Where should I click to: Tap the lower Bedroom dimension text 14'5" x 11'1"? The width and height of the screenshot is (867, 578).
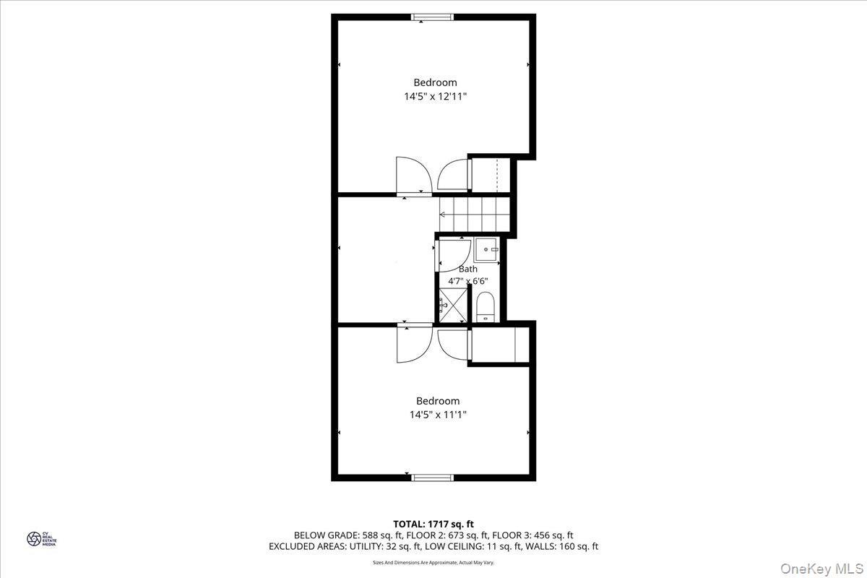coord(437,415)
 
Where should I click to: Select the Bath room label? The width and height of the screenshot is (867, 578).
coord(467,269)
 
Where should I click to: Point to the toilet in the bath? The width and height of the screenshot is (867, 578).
coord(485,306)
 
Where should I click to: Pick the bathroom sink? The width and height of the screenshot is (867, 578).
coord(486,249)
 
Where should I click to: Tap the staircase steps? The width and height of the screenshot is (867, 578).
coord(473,214)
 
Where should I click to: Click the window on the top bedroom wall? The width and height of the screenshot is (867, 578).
coord(432,17)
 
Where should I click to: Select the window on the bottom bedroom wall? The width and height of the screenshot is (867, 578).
coord(432,477)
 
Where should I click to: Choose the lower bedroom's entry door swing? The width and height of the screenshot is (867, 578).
coord(413,344)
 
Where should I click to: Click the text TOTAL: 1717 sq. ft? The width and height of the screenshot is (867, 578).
coord(433,524)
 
